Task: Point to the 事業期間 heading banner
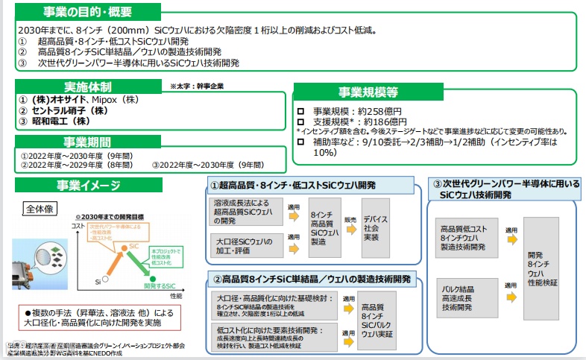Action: [x=87, y=142]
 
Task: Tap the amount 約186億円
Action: [x=381, y=121]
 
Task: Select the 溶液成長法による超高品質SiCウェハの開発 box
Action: [x=242, y=212]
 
